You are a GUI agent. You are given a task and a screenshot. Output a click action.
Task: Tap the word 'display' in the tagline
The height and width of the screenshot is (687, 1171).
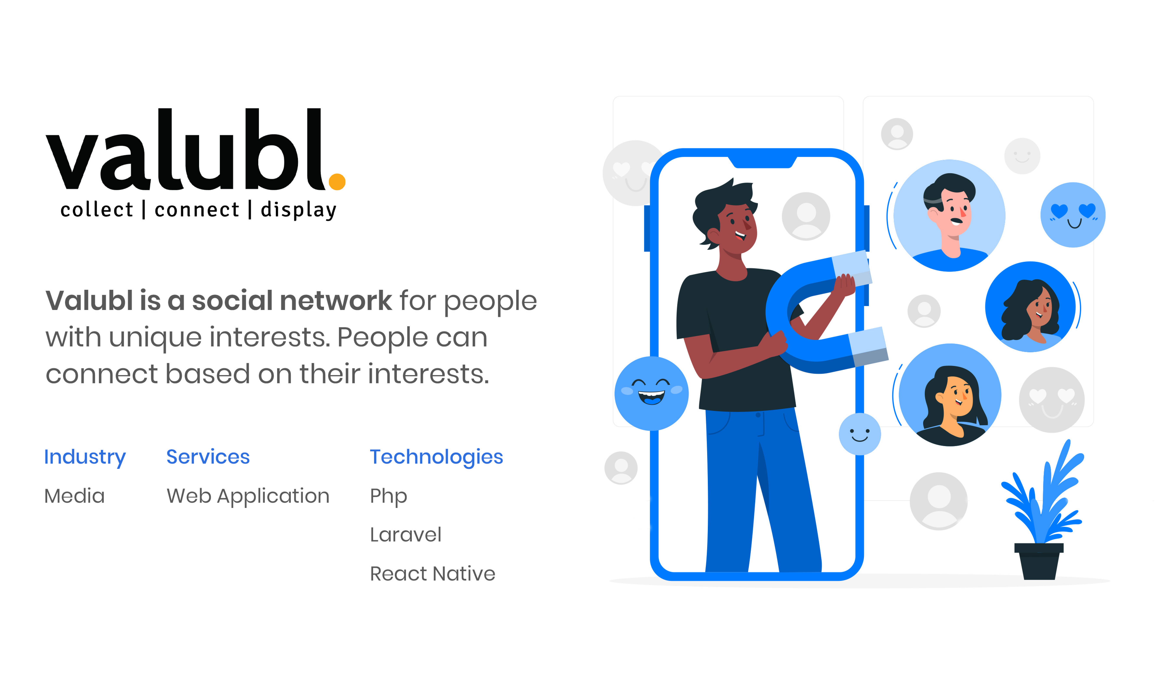tap(298, 210)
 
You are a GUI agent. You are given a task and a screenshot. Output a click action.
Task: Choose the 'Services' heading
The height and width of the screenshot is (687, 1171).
tap(208, 457)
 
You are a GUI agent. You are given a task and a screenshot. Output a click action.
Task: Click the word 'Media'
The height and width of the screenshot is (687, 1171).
tap(74, 496)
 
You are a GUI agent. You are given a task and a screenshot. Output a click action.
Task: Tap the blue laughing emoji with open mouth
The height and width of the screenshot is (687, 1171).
tap(651, 394)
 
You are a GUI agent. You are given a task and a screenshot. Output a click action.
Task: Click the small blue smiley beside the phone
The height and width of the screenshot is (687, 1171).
tap(860, 434)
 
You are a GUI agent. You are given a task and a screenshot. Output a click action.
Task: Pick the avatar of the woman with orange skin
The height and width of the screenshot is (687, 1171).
tap(950, 395)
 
